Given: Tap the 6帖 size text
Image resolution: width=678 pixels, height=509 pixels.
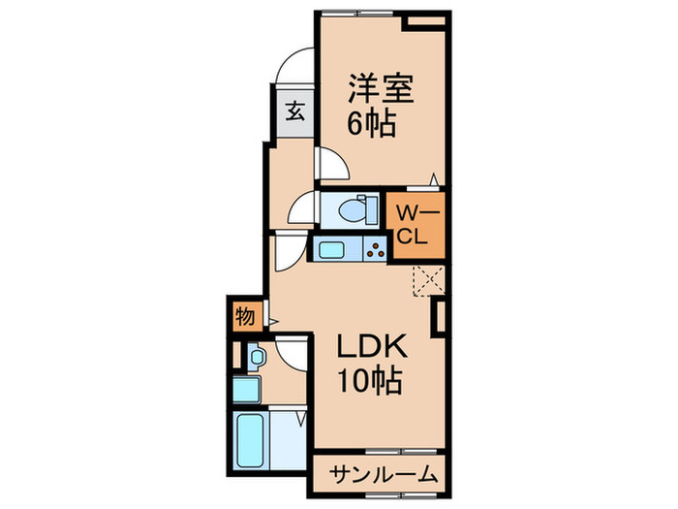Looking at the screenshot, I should click(371, 124).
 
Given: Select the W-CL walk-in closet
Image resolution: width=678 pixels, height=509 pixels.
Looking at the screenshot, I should click(417, 225).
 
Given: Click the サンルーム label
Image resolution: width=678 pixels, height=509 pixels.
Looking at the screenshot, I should click(380, 476).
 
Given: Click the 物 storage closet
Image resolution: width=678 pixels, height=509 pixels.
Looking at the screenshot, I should click(244, 316).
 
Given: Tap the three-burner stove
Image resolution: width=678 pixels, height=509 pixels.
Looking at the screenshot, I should click(372, 251).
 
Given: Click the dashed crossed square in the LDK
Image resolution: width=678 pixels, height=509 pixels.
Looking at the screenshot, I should click(428, 281).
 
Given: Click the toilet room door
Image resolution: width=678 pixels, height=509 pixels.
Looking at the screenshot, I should click(302, 207).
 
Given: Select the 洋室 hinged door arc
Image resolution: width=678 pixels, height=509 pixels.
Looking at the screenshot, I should click(330, 166).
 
